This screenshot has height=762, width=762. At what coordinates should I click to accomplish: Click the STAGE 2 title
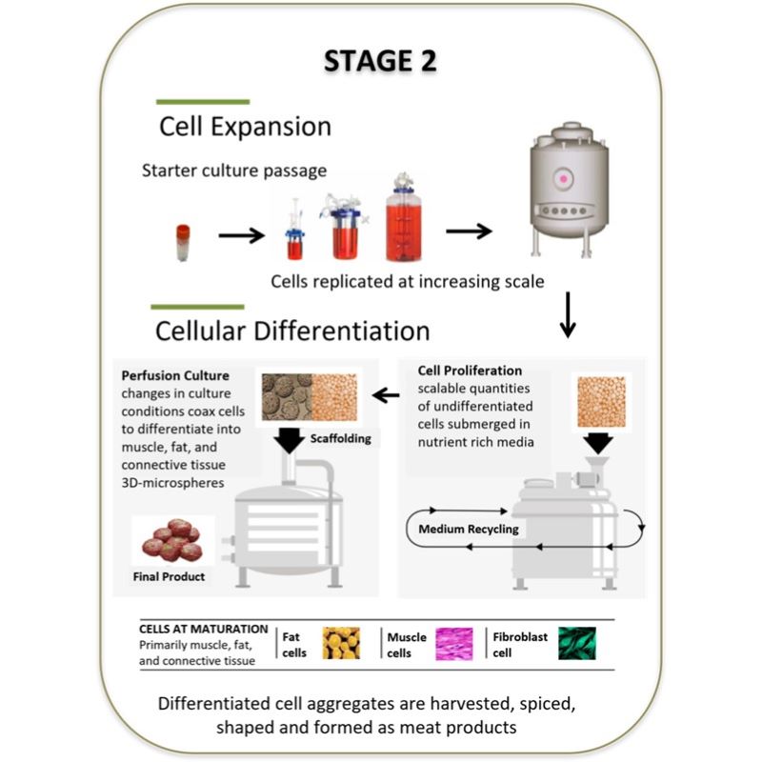click(x=380, y=59)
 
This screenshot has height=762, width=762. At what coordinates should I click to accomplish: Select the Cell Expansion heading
click(x=245, y=126)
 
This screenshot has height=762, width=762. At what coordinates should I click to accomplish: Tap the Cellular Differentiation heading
click(x=293, y=331)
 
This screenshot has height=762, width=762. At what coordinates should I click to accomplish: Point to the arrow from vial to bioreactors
click(x=241, y=233)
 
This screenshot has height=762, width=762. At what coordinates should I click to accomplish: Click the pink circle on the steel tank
click(x=564, y=178)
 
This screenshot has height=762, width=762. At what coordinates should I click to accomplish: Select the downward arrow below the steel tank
click(x=568, y=315)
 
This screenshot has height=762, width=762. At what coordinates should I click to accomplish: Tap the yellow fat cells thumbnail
click(x=341, y=643)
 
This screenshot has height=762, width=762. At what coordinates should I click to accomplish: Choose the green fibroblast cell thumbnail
click(x=577, y=643)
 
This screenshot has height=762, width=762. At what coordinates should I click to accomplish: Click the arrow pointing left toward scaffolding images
click(x=385, y=393)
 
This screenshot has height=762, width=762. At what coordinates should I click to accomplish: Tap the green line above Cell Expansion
click(x=203, y=101)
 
